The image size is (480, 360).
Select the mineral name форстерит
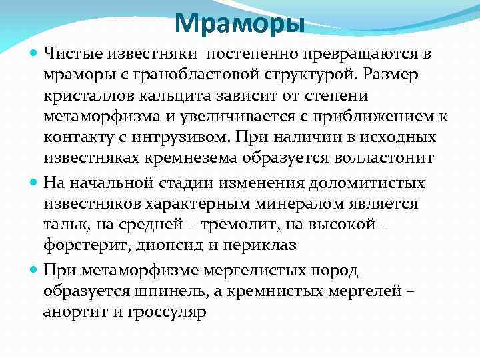click(x=77, y=244)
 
